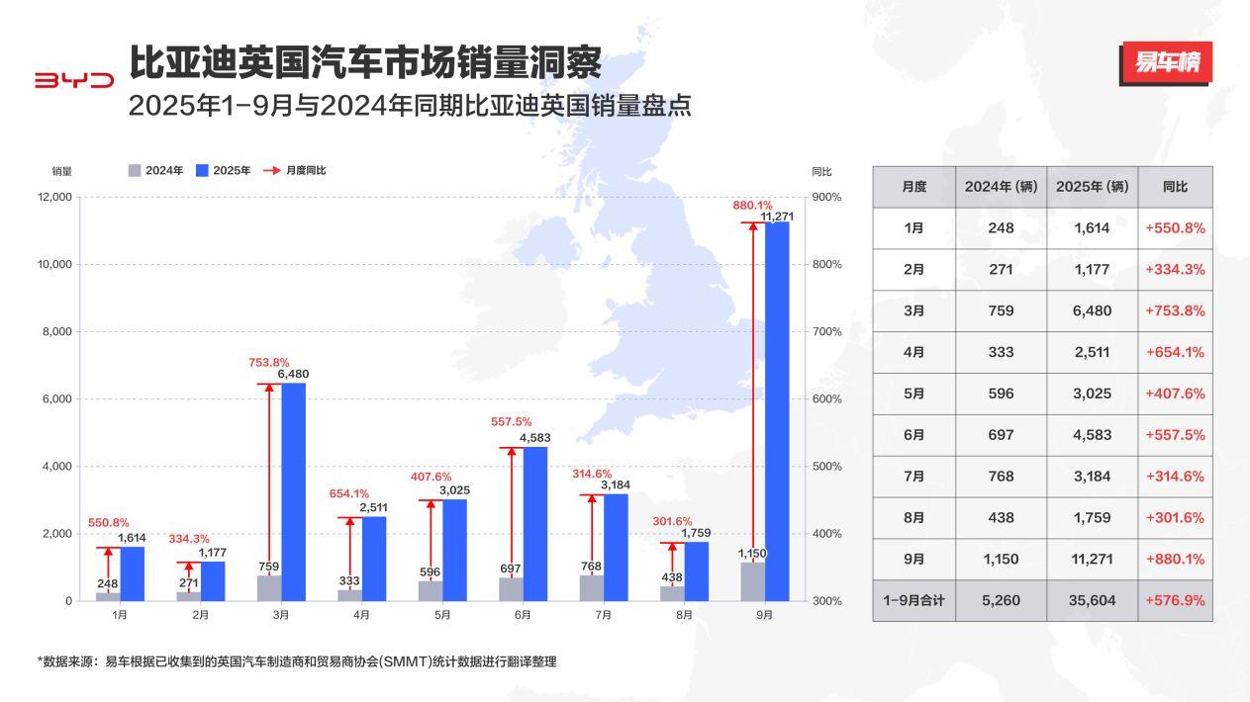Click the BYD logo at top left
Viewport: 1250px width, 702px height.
pyautogui.click(x=74, y=80)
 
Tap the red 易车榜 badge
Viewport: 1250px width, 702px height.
pyautogui.click(x=1166, y=63)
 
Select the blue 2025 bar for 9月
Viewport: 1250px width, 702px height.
pyautogui.click(x=777, y=410)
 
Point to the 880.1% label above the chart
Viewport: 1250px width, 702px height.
pyautogui.click(x=752, y=206)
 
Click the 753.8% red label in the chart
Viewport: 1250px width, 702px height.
pyautogui.click(x=269, y=362)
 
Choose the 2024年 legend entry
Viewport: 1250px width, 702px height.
pyautogui.click(x=156, y=170)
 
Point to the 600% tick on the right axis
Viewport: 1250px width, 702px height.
pyautogui.click(x=826, y=399)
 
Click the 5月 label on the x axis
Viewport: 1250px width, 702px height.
pyautogui.click(x=441, y=615)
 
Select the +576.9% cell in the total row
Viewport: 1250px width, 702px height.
pyautogui.click(x=1175, y=600)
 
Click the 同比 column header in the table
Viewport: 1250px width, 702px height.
pyautogui.click(x=1175, y=187)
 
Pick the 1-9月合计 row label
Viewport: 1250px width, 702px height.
pyautogui.click(x=913, y=600)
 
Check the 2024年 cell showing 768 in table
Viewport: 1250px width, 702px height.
pyautogui.click(x=1001, y=476)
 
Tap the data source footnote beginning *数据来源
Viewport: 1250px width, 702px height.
pyautogui.click(x=297, y=661)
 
